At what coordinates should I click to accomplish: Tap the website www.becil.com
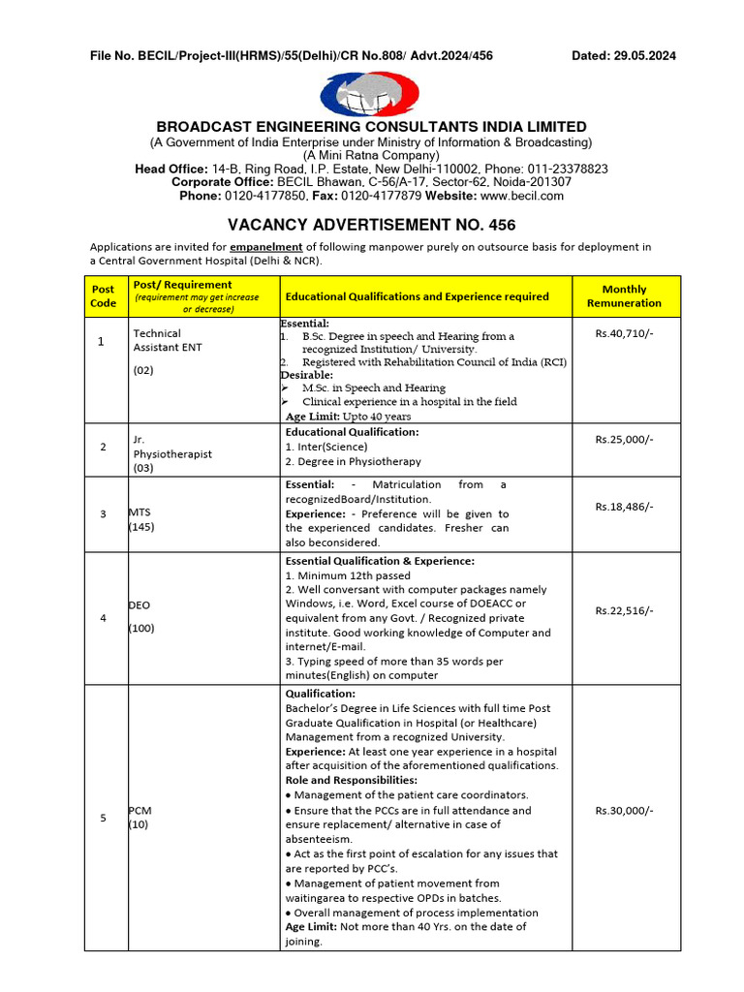pyautogui.click(x=529, y=196)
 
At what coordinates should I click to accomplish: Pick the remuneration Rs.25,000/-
pyautogui.click(x=624, y=439)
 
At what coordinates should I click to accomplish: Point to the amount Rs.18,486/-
pyautogui.click(x=624, y=506)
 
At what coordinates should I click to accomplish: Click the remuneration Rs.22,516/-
pyautogui.click(x=624, y=610)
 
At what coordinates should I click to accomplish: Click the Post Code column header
pyautogui.click(x=103, y=296)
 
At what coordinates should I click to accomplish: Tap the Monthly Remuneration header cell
pyautogui.click(x=624, y=296)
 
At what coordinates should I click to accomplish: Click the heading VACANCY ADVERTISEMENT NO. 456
pyautogui.click(x=371, y=224)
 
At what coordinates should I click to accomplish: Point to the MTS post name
pyautogui.click(x=140, y=512)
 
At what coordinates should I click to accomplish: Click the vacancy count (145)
pyautogui.click(x=141, y=528)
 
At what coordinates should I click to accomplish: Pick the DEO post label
pyautogui.click(x=140, y=604)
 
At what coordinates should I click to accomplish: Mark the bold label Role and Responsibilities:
pyautogui.click(x=351, y=780)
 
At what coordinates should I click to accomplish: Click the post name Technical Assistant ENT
pyautogui.click(x=167, y=340)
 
